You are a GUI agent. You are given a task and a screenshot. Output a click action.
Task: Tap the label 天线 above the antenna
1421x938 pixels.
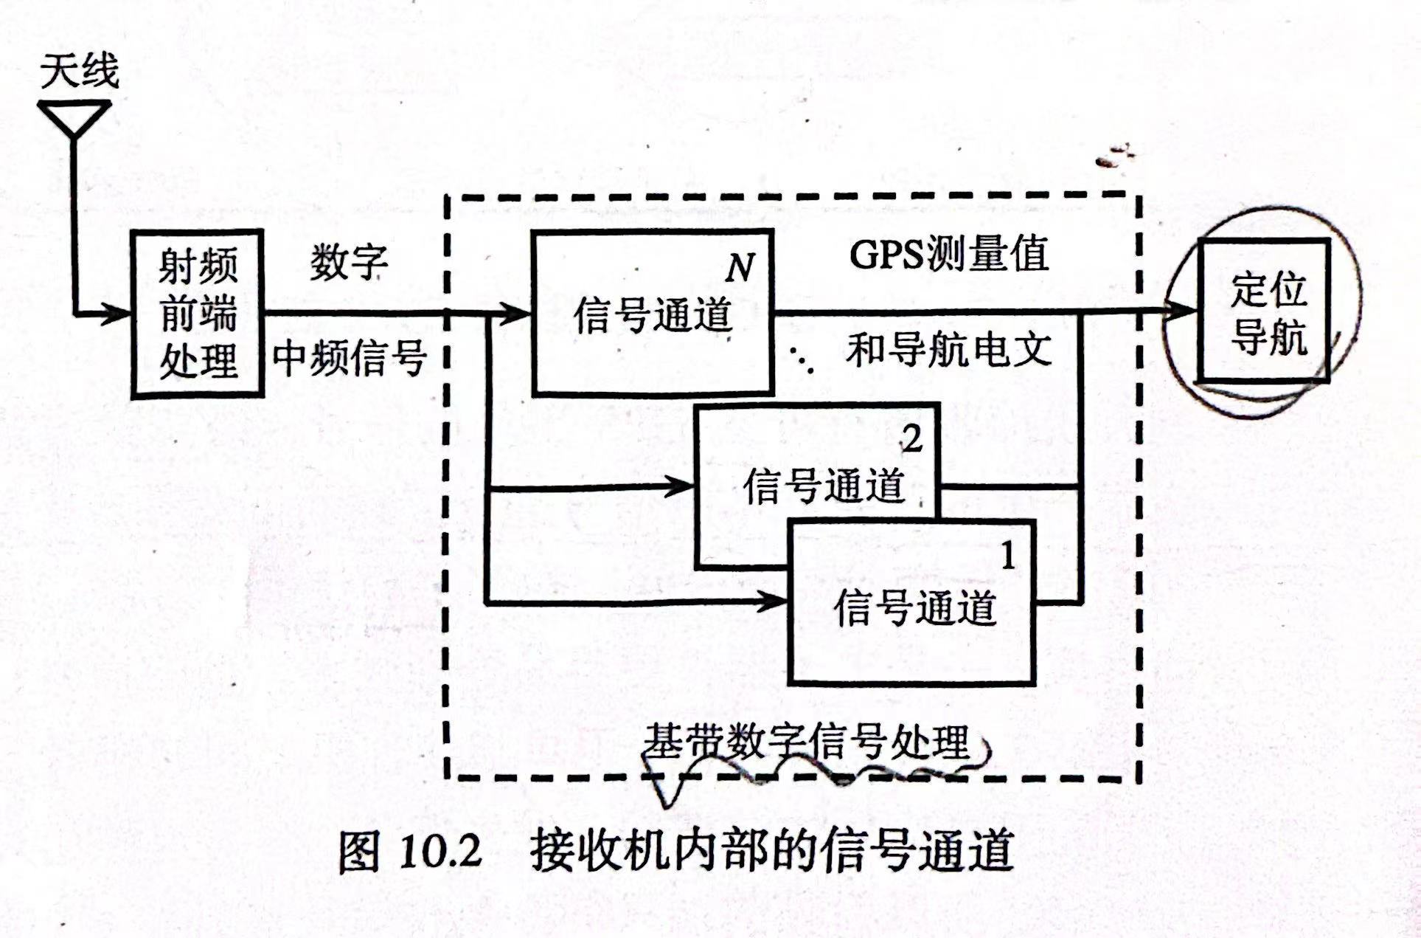[80, 72]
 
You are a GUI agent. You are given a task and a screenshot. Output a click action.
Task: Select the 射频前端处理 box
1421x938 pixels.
[198, 314]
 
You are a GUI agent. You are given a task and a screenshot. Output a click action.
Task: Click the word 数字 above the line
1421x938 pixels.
[348, 262]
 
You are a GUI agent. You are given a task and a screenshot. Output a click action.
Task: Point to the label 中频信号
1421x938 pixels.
[350, 359]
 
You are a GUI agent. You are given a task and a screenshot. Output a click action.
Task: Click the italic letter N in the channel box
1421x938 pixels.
[740, 267]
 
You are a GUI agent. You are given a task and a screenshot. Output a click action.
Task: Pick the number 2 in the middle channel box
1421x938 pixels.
[912, 440]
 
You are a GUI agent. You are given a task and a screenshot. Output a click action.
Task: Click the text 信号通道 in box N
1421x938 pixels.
[653, 315]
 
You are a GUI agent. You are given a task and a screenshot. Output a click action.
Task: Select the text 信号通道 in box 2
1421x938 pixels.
[823, 486]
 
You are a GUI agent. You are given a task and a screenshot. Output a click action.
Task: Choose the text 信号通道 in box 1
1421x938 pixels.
[914, 608]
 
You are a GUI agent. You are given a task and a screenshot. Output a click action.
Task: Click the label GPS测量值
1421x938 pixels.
[948, 255]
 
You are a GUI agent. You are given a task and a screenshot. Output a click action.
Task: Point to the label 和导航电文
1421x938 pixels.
[948, 350]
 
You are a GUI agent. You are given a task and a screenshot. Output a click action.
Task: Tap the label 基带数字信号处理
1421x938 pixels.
[807, 742]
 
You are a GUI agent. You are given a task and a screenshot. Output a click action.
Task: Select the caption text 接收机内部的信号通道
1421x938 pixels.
[771, 851]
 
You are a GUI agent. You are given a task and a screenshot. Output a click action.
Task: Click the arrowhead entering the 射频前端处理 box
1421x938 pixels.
[118, 314]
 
